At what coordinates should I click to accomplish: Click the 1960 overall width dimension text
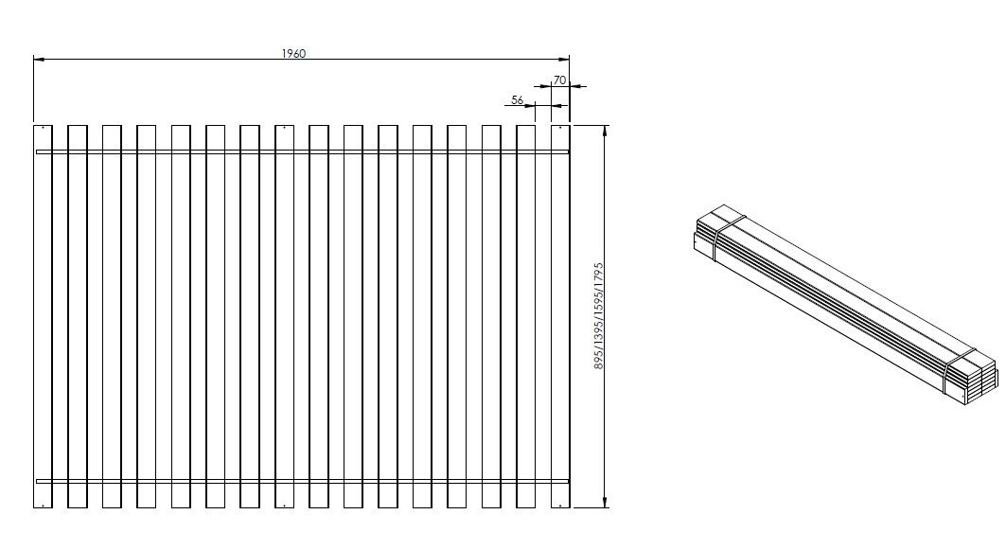(293, 54)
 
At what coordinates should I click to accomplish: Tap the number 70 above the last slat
(559, 81)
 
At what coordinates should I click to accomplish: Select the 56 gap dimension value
(518, 99)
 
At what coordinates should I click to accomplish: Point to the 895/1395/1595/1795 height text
(598, 316)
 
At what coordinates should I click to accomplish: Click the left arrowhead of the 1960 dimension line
(38, 60)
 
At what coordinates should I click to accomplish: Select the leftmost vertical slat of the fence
(43, 316)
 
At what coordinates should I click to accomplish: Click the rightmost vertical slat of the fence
(560, 316)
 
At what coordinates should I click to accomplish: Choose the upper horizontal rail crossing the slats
(303, 151)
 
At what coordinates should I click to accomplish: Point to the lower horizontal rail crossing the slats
(303, 481)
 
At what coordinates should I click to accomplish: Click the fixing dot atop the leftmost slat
(43, 128)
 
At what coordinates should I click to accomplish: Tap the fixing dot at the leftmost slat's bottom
(43, 506)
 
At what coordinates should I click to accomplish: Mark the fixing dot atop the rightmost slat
(560, 128)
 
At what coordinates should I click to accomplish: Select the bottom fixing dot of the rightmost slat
(560, 506)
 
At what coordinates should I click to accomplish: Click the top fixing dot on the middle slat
(284, 128)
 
